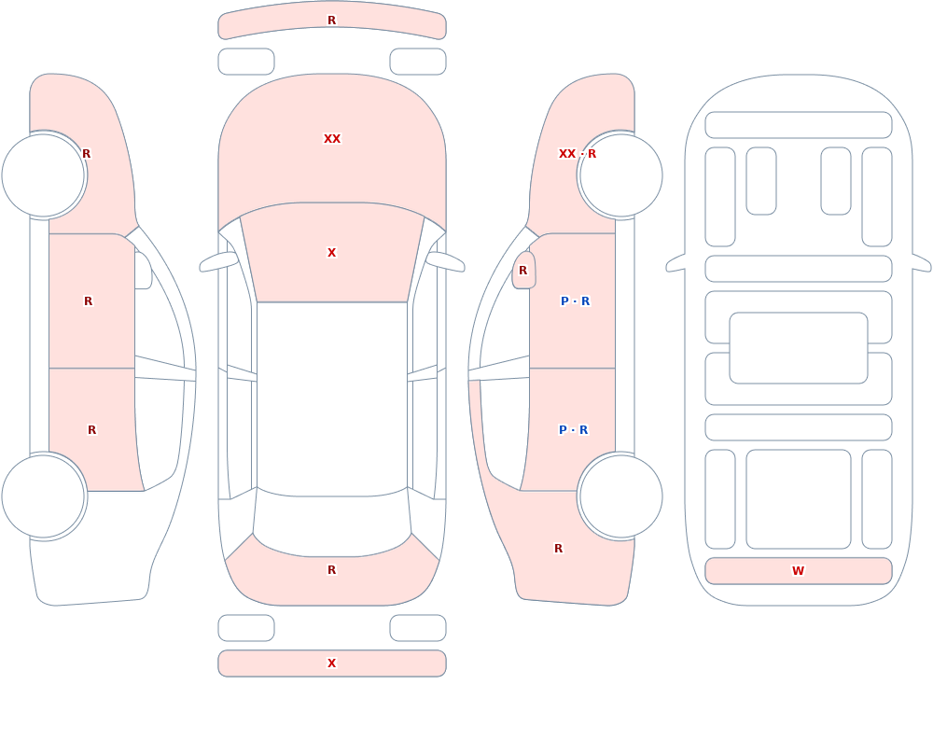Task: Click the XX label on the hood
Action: click(x=332, y=139)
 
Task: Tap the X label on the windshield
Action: click(x=332, y=253)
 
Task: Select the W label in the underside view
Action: click(x=798, y=571)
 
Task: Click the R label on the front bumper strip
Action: click(x=332, y=21)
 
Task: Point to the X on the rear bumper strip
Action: click(x=332, y=663)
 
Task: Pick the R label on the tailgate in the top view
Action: click(x=332, y=570)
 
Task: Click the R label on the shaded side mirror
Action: click(x=523, y=271)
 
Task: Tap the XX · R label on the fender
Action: click(x=578, y=154)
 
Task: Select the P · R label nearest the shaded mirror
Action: click(x=576, y=301)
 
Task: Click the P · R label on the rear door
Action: click(x=574, y=430)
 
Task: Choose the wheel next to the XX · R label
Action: click(x=620, y=175)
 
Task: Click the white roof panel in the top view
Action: click(x=332, y=398)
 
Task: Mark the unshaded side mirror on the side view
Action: click(x=143, y=271)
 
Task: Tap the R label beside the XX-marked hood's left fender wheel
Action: click(x=86, y=154)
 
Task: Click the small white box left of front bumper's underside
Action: click(x=246, y=62)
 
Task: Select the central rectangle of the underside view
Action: click(x=799, y=348)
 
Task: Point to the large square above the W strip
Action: click(x=799, y=499)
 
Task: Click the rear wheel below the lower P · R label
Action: click(x=620, y=496)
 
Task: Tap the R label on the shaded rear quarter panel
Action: click(x=558, y=549)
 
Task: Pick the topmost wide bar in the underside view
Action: click(x=799, y=124)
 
